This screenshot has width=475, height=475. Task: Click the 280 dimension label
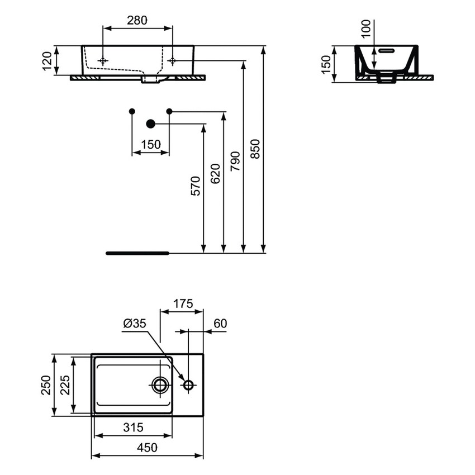137,21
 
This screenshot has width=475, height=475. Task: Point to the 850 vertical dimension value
255,149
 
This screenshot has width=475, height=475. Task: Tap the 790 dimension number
235,161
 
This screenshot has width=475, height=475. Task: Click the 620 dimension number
215,173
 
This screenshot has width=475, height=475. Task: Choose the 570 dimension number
195,185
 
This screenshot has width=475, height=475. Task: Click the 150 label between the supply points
150,145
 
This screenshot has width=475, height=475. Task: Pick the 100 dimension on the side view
366,28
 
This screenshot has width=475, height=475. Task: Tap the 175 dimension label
181,304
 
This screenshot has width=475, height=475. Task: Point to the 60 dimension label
220,324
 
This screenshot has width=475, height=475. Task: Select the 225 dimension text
65,385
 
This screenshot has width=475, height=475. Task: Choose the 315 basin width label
132,427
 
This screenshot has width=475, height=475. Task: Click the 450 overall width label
147,448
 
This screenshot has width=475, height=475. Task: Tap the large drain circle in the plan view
160,384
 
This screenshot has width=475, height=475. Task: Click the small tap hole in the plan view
188,384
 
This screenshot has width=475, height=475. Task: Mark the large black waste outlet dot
150,123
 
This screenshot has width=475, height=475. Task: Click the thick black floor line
137,253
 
